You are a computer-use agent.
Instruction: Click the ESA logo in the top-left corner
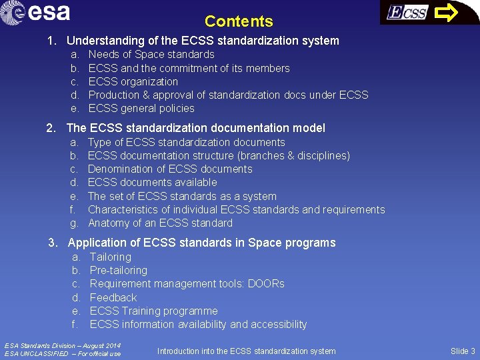point(36,13)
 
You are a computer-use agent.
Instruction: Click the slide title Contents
point(239,21)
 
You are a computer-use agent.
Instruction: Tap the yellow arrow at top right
point(447,12)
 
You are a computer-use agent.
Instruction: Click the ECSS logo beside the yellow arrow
point(407,13)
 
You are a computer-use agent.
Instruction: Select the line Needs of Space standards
point(151,55)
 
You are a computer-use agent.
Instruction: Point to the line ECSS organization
point(133,81)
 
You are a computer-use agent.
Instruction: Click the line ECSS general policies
point(141,108)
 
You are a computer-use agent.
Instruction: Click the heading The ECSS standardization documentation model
point(196,128)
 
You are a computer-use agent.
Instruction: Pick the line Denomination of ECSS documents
point(170,169)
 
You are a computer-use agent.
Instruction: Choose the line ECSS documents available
point(152,182)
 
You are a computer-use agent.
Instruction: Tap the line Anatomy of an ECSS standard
point(160,223)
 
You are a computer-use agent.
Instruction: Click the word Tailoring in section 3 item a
point(111,257)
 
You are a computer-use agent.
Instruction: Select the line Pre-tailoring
point(118,270)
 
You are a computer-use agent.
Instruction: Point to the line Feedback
point(113,297)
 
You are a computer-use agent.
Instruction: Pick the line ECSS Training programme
point(153,311)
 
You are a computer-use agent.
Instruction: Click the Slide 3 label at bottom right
point(463,351)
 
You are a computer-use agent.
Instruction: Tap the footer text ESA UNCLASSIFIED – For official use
point(63,353)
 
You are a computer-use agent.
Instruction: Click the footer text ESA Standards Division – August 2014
point(63,345)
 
